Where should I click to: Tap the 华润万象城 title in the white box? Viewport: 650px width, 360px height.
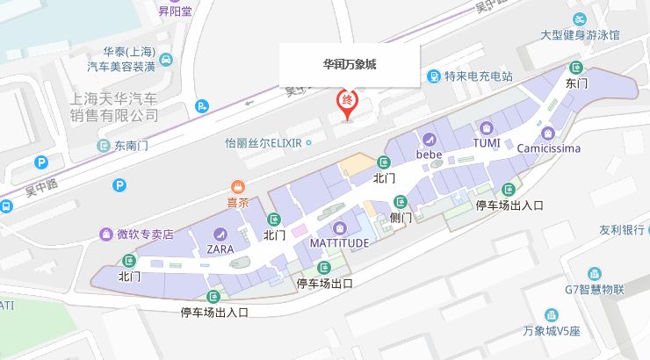(350, 64)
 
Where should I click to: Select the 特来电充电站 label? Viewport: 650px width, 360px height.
(478, 76)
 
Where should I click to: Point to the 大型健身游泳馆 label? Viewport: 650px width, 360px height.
(580, 35)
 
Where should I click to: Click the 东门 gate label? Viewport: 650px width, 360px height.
(576, 83)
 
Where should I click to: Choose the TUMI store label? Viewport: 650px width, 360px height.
(487, 143)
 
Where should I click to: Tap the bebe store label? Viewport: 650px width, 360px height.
(429, 155)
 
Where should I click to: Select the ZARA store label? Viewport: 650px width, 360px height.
(220, 248)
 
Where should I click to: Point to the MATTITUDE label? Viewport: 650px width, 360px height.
(339, 242)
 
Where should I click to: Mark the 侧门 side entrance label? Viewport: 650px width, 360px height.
(401, 217)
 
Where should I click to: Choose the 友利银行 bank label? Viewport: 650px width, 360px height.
(622, 230)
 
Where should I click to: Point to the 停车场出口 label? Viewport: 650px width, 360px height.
(325, 283)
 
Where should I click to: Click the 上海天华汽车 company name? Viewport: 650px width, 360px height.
(114, 97)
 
